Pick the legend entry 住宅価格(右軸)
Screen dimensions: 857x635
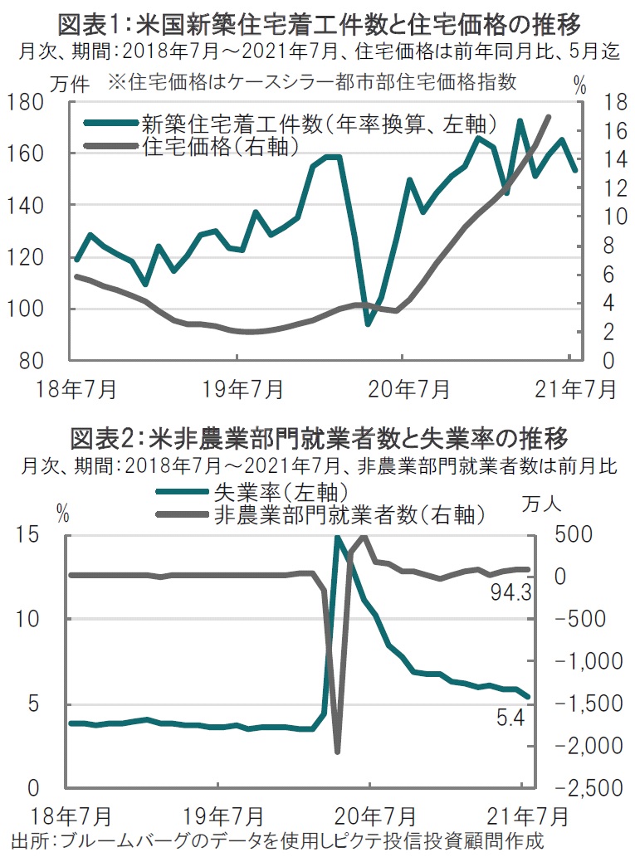[220, 145]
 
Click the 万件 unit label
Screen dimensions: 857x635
[69, 83]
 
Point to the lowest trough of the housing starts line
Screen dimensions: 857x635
[369, 323]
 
